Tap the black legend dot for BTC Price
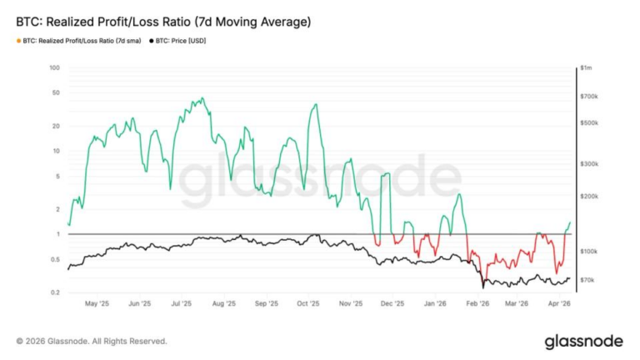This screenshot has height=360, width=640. pyautogui.click(x=152, y=40)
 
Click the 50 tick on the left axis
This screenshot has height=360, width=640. pyautogui.click(x=56, y=92)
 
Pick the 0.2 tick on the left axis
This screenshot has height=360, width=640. pyautogui.click(x=55, y=292)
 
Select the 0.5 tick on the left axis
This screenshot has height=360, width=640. pyautogui.click(x=55, y=259)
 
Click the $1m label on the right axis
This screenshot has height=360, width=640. pyautogui.click(x=586, y=68)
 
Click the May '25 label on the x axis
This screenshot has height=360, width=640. pyautogui.click(x=97, y=304)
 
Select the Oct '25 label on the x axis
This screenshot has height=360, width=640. pyautogui.click(x=308, y=304)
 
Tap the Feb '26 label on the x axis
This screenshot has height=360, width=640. pyautogui.click(x=477, y=304)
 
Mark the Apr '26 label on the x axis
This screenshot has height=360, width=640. pyautogui.click(x=558, y=304)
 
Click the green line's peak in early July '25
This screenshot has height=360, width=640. pyautogui.click(x=202, y=98)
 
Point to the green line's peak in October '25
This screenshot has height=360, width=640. pyautogui.click(x=315, y=104)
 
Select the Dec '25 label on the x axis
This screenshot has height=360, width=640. pyautogui.click(x=392, y=304)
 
